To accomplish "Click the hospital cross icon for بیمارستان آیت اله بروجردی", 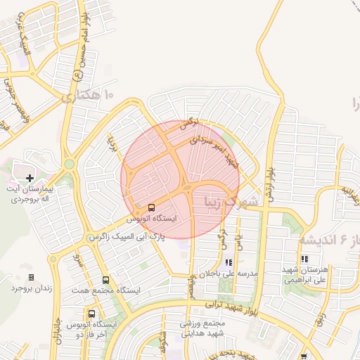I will (29, 178).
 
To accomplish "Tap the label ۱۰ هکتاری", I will (88, 95).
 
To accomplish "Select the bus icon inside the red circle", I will (152, 207).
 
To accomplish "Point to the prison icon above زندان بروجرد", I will (30, 278).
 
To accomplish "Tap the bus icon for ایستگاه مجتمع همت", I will (105, 280).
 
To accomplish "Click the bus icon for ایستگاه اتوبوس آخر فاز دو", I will (92, 314).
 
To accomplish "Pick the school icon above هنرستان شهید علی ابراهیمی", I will (304, 259).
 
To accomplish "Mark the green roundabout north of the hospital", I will (69, 165).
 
